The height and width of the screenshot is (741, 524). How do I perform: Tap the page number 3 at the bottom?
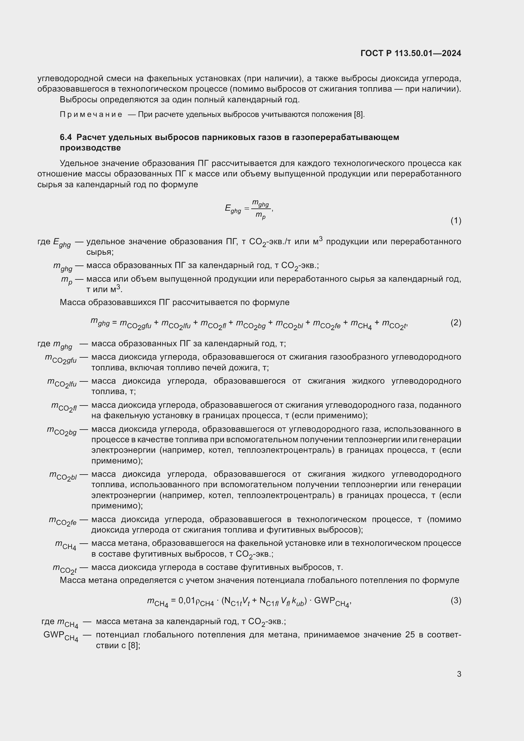[459, 674]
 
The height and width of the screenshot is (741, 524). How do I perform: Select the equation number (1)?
[456, 221]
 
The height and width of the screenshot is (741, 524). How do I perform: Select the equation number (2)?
[456, 323]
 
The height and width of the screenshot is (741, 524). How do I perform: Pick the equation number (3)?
[456, 600]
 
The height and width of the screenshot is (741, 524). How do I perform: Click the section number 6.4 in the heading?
[66, 137]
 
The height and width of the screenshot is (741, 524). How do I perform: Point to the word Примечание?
[91, 115]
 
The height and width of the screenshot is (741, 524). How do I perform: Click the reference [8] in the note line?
[359, 115]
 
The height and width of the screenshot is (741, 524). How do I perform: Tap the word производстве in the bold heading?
[90, 148]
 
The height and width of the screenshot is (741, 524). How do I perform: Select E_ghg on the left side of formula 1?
[233, 209]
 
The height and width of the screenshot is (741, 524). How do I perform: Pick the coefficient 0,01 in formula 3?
[187, 600]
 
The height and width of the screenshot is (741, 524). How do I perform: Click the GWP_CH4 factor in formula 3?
[331, 601]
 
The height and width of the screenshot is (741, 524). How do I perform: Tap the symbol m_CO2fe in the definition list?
[63, 521]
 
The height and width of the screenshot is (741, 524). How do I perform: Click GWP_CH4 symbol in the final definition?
[61, 636]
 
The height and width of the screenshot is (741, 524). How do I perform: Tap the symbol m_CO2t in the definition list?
[65, 569]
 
